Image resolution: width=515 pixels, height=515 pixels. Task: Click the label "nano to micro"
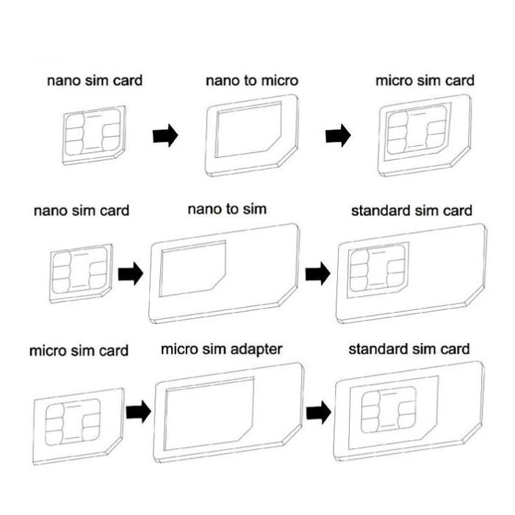(251, 80)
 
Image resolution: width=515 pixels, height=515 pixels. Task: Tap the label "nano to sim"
(227, 209)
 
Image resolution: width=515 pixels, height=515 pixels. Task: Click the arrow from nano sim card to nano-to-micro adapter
(165, 136)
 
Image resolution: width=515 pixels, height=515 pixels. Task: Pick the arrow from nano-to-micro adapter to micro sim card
(338, 136)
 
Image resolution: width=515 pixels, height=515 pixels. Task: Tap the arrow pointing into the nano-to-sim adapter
(130, 273)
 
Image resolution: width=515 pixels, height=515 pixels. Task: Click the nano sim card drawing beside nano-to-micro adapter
(94, 134)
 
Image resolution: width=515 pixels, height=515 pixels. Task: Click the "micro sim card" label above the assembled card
(425, 80)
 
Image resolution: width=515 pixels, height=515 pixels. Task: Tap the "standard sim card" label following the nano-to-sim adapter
(411, 211)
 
